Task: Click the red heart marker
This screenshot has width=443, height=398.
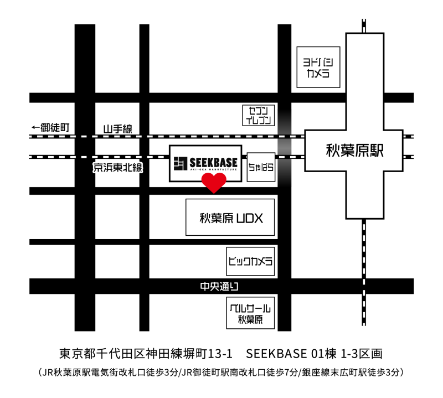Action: tap(214, 182)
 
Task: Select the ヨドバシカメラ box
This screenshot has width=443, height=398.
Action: tap(318, 66)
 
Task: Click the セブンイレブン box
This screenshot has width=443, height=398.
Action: tap(259, 115)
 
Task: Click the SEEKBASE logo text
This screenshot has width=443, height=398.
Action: tap(213, 162)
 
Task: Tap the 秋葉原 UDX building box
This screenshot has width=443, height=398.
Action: tap(230, 218)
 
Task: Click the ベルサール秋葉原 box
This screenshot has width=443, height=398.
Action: tap(250, 313)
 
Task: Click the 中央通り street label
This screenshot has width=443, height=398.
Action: tap(219, 287)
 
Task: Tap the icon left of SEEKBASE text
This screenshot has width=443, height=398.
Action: tap(180, 163)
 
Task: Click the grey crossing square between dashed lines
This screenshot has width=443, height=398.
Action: tap(285, 147)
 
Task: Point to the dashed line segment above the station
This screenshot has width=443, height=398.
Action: tap(364, 25)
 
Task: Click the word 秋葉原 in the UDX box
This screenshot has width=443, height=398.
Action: tap(216, 218)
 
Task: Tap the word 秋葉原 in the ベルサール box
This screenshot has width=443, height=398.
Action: tap(250, 319)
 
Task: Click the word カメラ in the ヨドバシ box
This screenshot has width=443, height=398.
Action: tap(318, 73)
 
